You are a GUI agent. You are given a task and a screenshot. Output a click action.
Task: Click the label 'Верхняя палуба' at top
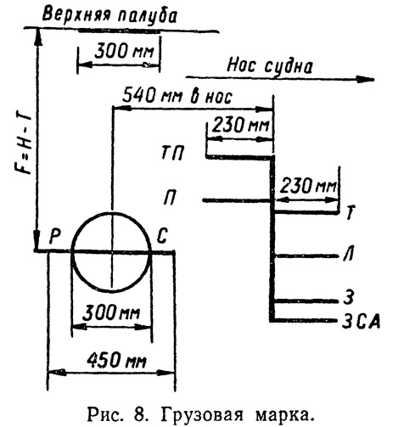[x=109, y=15]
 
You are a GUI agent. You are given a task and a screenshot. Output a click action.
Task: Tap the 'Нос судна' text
[x=270, y=66]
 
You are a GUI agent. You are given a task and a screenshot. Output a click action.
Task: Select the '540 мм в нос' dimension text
[x=177, y=96]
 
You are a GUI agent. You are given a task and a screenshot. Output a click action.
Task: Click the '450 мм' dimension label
[x=116, y=361]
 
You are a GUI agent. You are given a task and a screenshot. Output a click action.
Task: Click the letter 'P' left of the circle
[x=55, y=236]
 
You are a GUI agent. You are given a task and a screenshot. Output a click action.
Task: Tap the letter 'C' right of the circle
[x=162, y=236]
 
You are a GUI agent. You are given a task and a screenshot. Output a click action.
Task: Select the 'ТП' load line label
[x=173, y=153]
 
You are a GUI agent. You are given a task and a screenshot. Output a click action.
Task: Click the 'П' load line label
[x=170, y=197]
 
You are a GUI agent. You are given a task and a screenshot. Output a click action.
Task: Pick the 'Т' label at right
[x=351, y=212]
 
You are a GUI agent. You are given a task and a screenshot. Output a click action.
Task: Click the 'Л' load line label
[x=348, y=253]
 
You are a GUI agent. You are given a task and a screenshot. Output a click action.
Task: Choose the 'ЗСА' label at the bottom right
[x=361, y=322]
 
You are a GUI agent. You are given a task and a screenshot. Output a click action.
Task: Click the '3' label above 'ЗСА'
[x=349, y=296]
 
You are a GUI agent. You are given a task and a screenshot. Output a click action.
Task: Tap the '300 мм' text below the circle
[x=111, y=312]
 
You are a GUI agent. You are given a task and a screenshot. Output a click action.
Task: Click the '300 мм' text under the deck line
[x=124, y=52]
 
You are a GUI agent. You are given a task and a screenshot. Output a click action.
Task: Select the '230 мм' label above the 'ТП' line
[x=240, y=125]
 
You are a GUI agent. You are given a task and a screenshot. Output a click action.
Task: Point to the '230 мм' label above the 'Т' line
[x=308, y=186]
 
